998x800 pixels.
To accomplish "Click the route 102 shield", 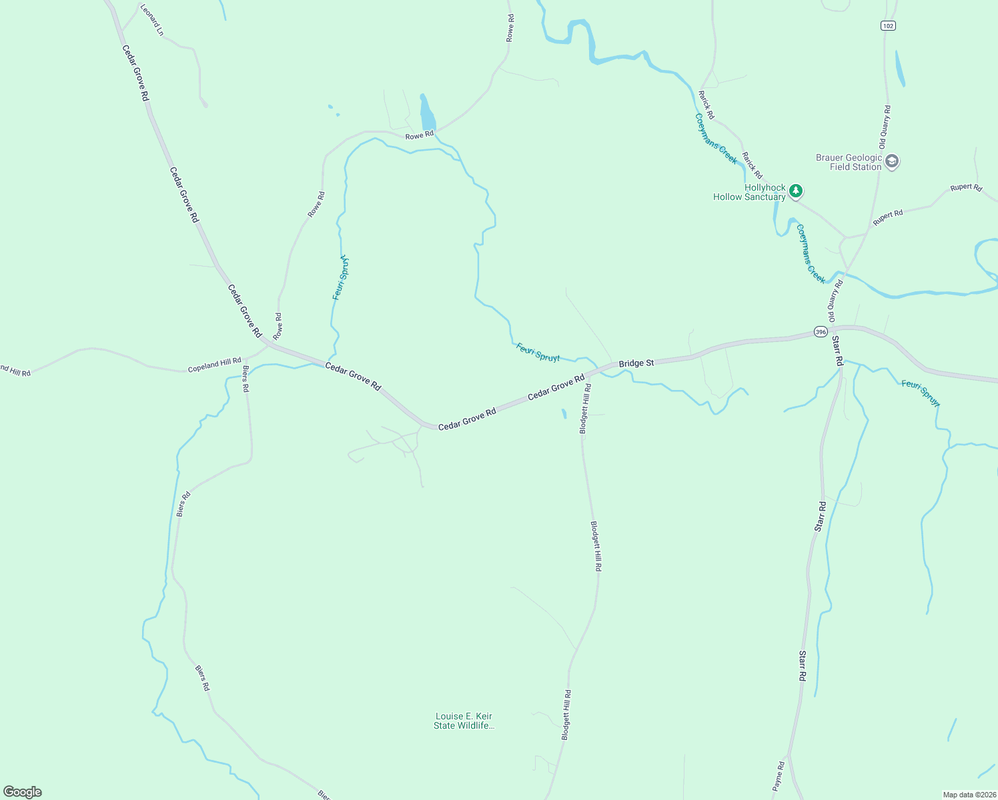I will coord(887,25).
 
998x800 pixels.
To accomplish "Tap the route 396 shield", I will coord(821,331).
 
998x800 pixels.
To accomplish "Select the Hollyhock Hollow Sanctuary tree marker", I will coord(795,191).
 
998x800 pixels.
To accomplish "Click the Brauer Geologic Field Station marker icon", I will coord(892,161).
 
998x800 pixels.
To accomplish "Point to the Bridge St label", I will coord(636,363).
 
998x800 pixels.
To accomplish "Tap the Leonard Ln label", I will coord(152,19).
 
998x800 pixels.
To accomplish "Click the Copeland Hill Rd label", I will coord(214,365).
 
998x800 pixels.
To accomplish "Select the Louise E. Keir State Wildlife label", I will coord(464,721).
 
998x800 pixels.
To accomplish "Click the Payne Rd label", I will coord(779,776).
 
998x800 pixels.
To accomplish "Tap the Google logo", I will coord(23,792).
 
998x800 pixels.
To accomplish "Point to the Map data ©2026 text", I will coord(969,795).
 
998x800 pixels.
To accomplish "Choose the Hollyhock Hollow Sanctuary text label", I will coord(749,192).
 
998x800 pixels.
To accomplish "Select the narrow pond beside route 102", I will coord(900,68).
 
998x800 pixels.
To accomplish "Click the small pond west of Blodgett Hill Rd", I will coord(564,413).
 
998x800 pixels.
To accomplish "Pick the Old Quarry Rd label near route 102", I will coord(885,127).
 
